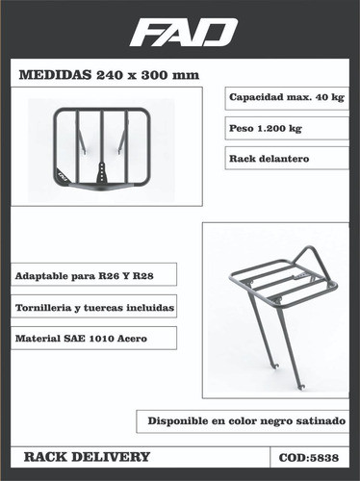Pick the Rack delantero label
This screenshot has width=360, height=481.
(x=269, y=158)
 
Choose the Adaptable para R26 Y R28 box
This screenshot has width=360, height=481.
(x=85, y=276)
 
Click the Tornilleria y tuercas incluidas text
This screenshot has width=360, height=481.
(x=95, y=309)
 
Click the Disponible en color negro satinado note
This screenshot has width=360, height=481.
(x=246, y=420)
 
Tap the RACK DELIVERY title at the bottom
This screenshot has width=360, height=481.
(x=87, y=456)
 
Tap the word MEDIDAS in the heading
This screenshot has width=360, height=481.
(x=51, y=76)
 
